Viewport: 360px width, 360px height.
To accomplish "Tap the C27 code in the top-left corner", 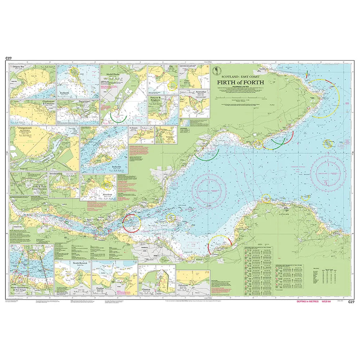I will coord(9,58).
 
